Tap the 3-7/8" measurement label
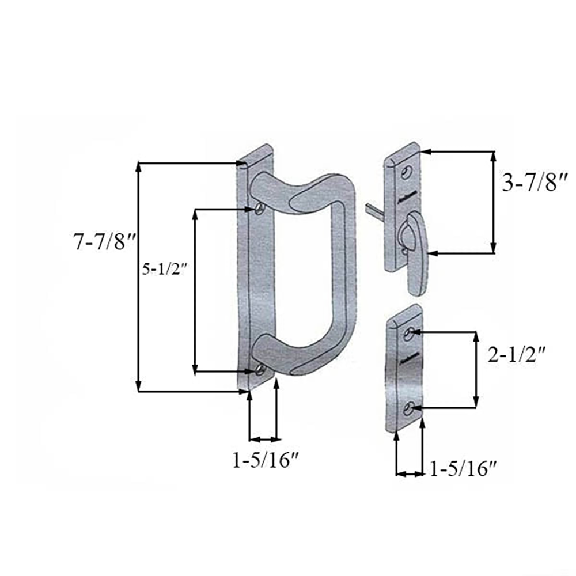click(x=535, y=184)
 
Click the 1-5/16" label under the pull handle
click(x=266, y=460)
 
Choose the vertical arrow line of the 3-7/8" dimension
click(x=493, y=202)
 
